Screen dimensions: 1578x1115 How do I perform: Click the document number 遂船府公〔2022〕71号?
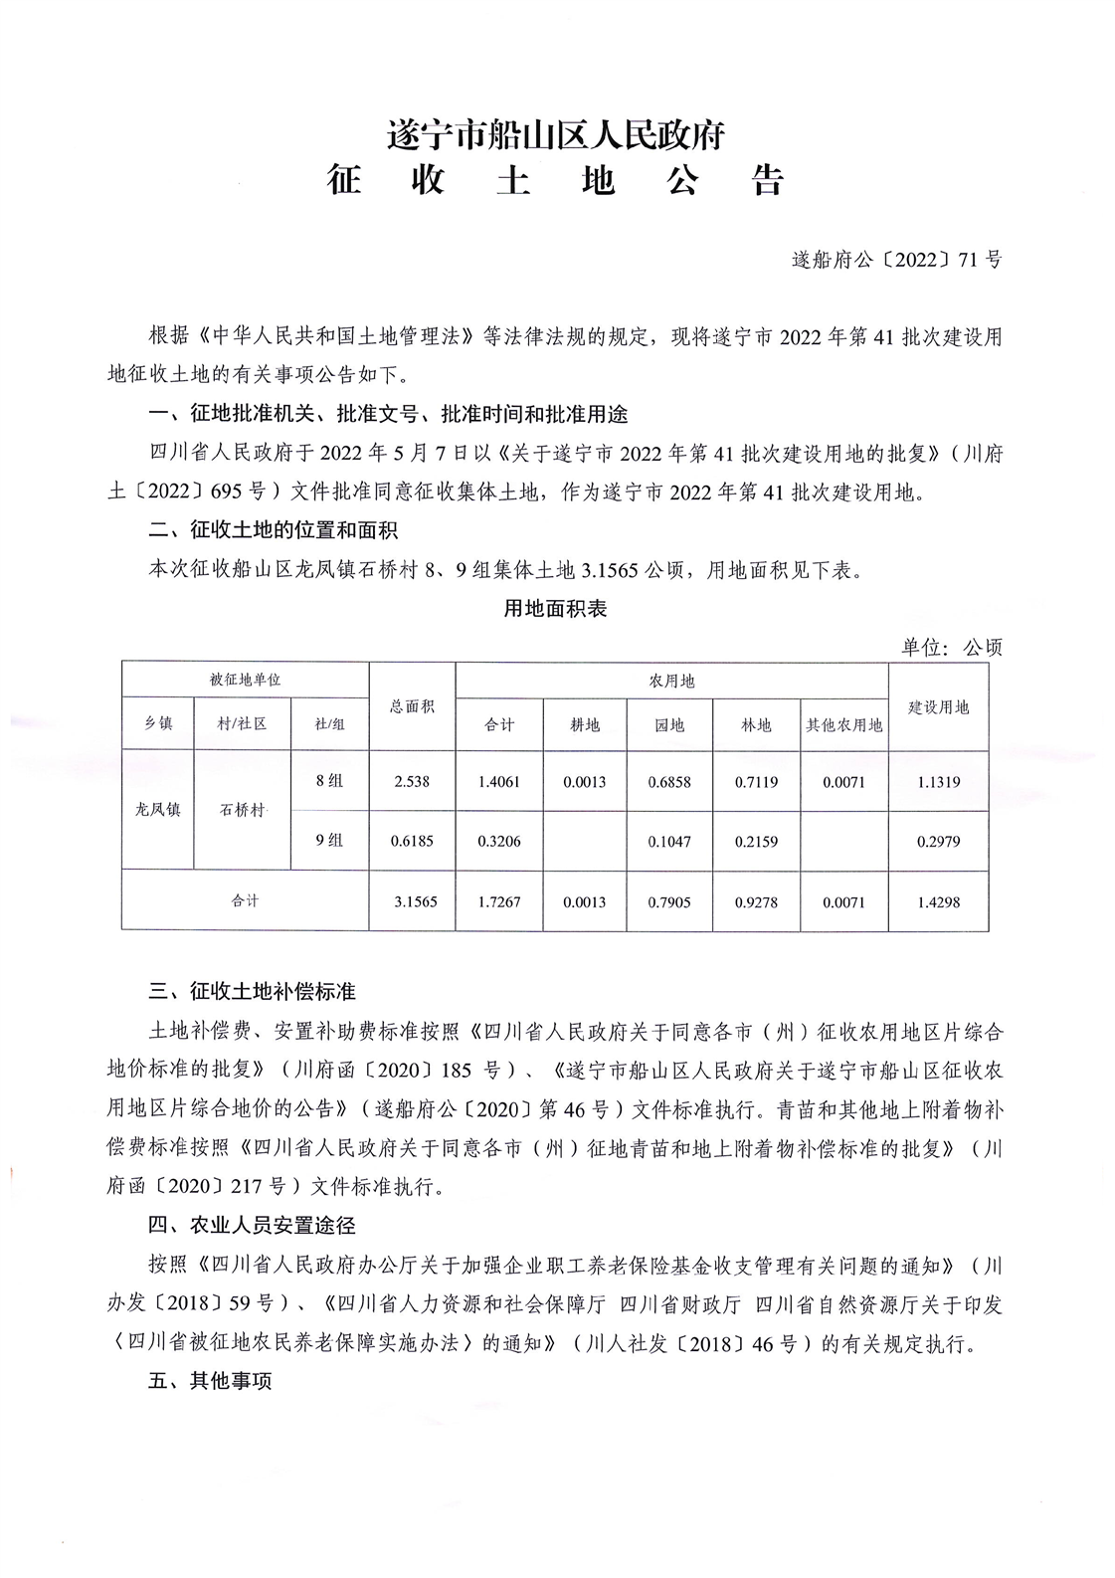pos(896,261)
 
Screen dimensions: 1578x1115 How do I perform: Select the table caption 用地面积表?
pos(555,609)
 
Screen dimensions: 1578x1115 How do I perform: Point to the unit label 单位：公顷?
pos(951,648)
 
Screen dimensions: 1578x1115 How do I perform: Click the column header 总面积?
pos(412,706)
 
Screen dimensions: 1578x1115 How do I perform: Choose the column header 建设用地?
pos(938,707)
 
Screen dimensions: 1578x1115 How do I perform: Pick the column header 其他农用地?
pos(843,725)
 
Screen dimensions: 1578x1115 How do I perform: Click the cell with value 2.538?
pos(412,782)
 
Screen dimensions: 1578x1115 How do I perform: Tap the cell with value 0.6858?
pos(669,782)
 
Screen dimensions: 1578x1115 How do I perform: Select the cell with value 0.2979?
pos(938,842)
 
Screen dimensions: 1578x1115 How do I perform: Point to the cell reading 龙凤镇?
pos(158,810)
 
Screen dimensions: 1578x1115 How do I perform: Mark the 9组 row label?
pos(329,841)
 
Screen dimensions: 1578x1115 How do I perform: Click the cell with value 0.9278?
pos(756,902)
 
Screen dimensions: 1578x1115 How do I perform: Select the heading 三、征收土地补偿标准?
pos(252,992)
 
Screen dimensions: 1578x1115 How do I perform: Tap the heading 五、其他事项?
pos(210,1382)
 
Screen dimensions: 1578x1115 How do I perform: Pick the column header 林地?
pos(756,725)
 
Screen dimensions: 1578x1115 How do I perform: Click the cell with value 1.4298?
pos(938,902)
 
